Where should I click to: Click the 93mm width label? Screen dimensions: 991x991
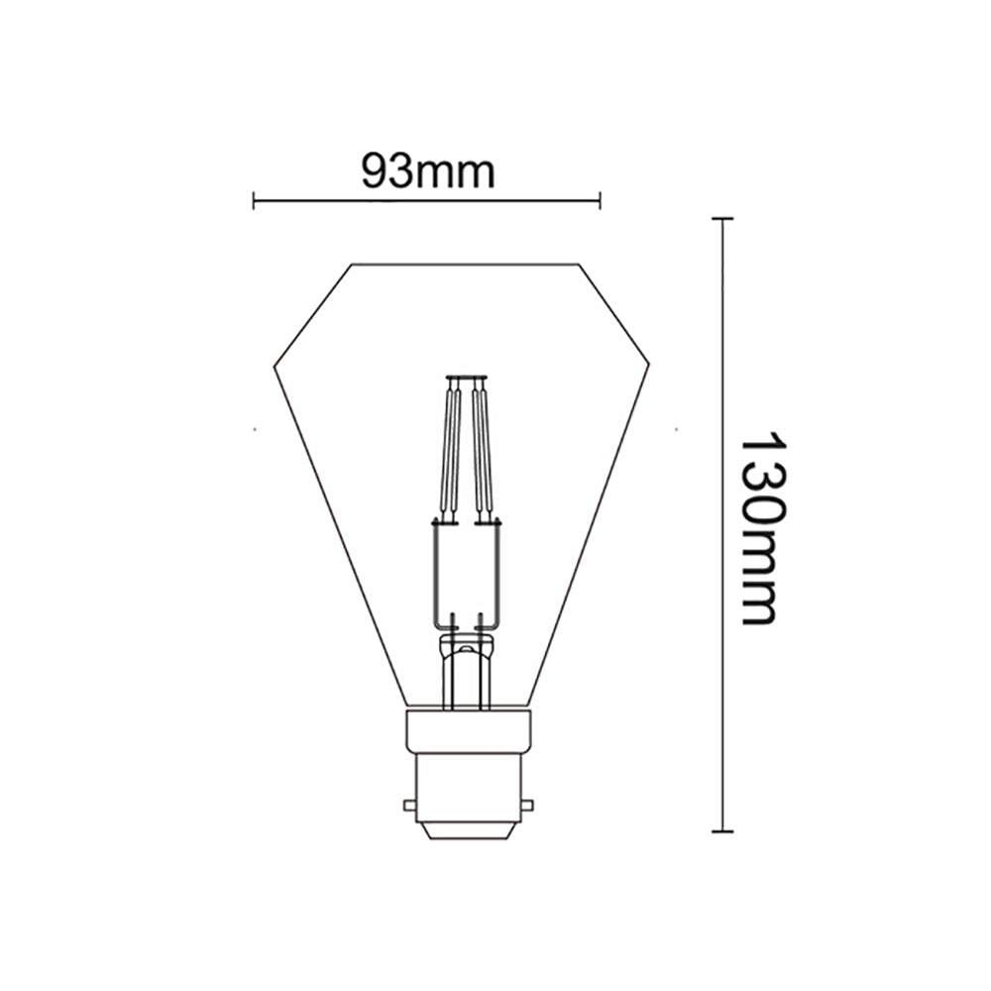[427, 171]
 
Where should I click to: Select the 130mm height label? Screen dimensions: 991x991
[761, 526]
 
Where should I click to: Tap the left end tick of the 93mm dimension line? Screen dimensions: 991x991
[255, 200]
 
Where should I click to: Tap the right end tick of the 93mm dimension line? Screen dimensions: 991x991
[600, 200]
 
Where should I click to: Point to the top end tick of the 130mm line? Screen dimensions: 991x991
[722, 218]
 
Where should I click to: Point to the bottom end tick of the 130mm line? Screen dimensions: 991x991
[722, 830]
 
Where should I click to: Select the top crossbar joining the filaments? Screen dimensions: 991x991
[466, 378]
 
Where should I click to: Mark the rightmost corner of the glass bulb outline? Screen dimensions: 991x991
[649, 366]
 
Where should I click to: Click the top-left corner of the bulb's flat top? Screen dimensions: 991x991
[353, 264]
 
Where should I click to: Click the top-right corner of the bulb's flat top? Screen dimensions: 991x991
[580, 264]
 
